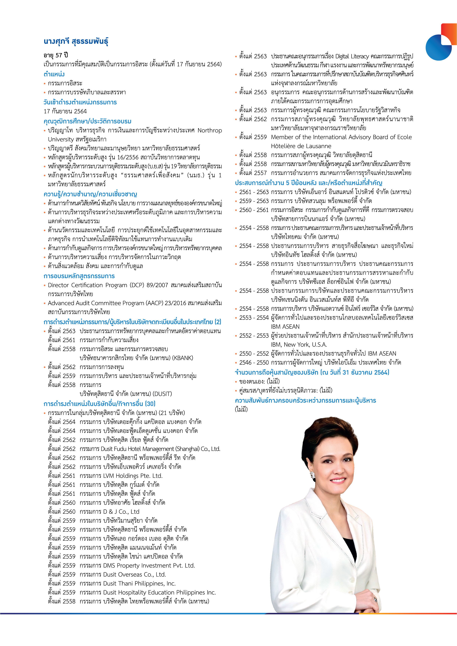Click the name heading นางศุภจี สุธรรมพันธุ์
coord(76,41)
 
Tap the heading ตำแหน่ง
coord(54,74)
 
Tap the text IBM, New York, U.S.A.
coord(299,345)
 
